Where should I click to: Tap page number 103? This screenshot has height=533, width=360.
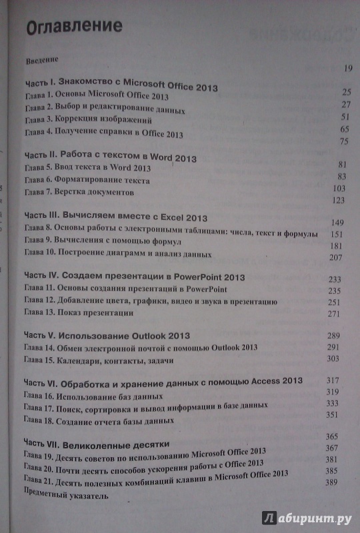(x=341, y=189)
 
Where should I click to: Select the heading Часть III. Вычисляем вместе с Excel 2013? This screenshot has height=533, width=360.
(x=116, y=217)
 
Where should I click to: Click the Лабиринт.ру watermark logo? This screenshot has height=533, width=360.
(x=307, y=516)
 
